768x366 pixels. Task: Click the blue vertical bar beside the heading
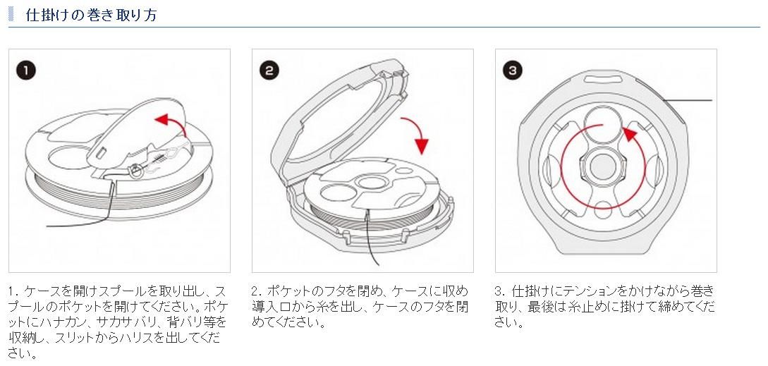11,15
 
